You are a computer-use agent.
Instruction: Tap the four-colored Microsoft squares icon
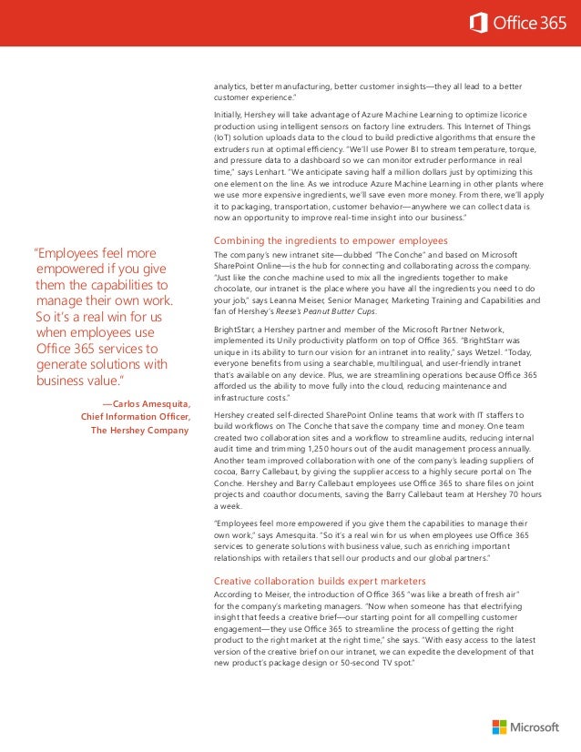(498, 727)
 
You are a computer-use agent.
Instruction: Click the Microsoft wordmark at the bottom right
(535, 727)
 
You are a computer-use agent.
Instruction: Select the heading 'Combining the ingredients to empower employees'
(330, 239)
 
